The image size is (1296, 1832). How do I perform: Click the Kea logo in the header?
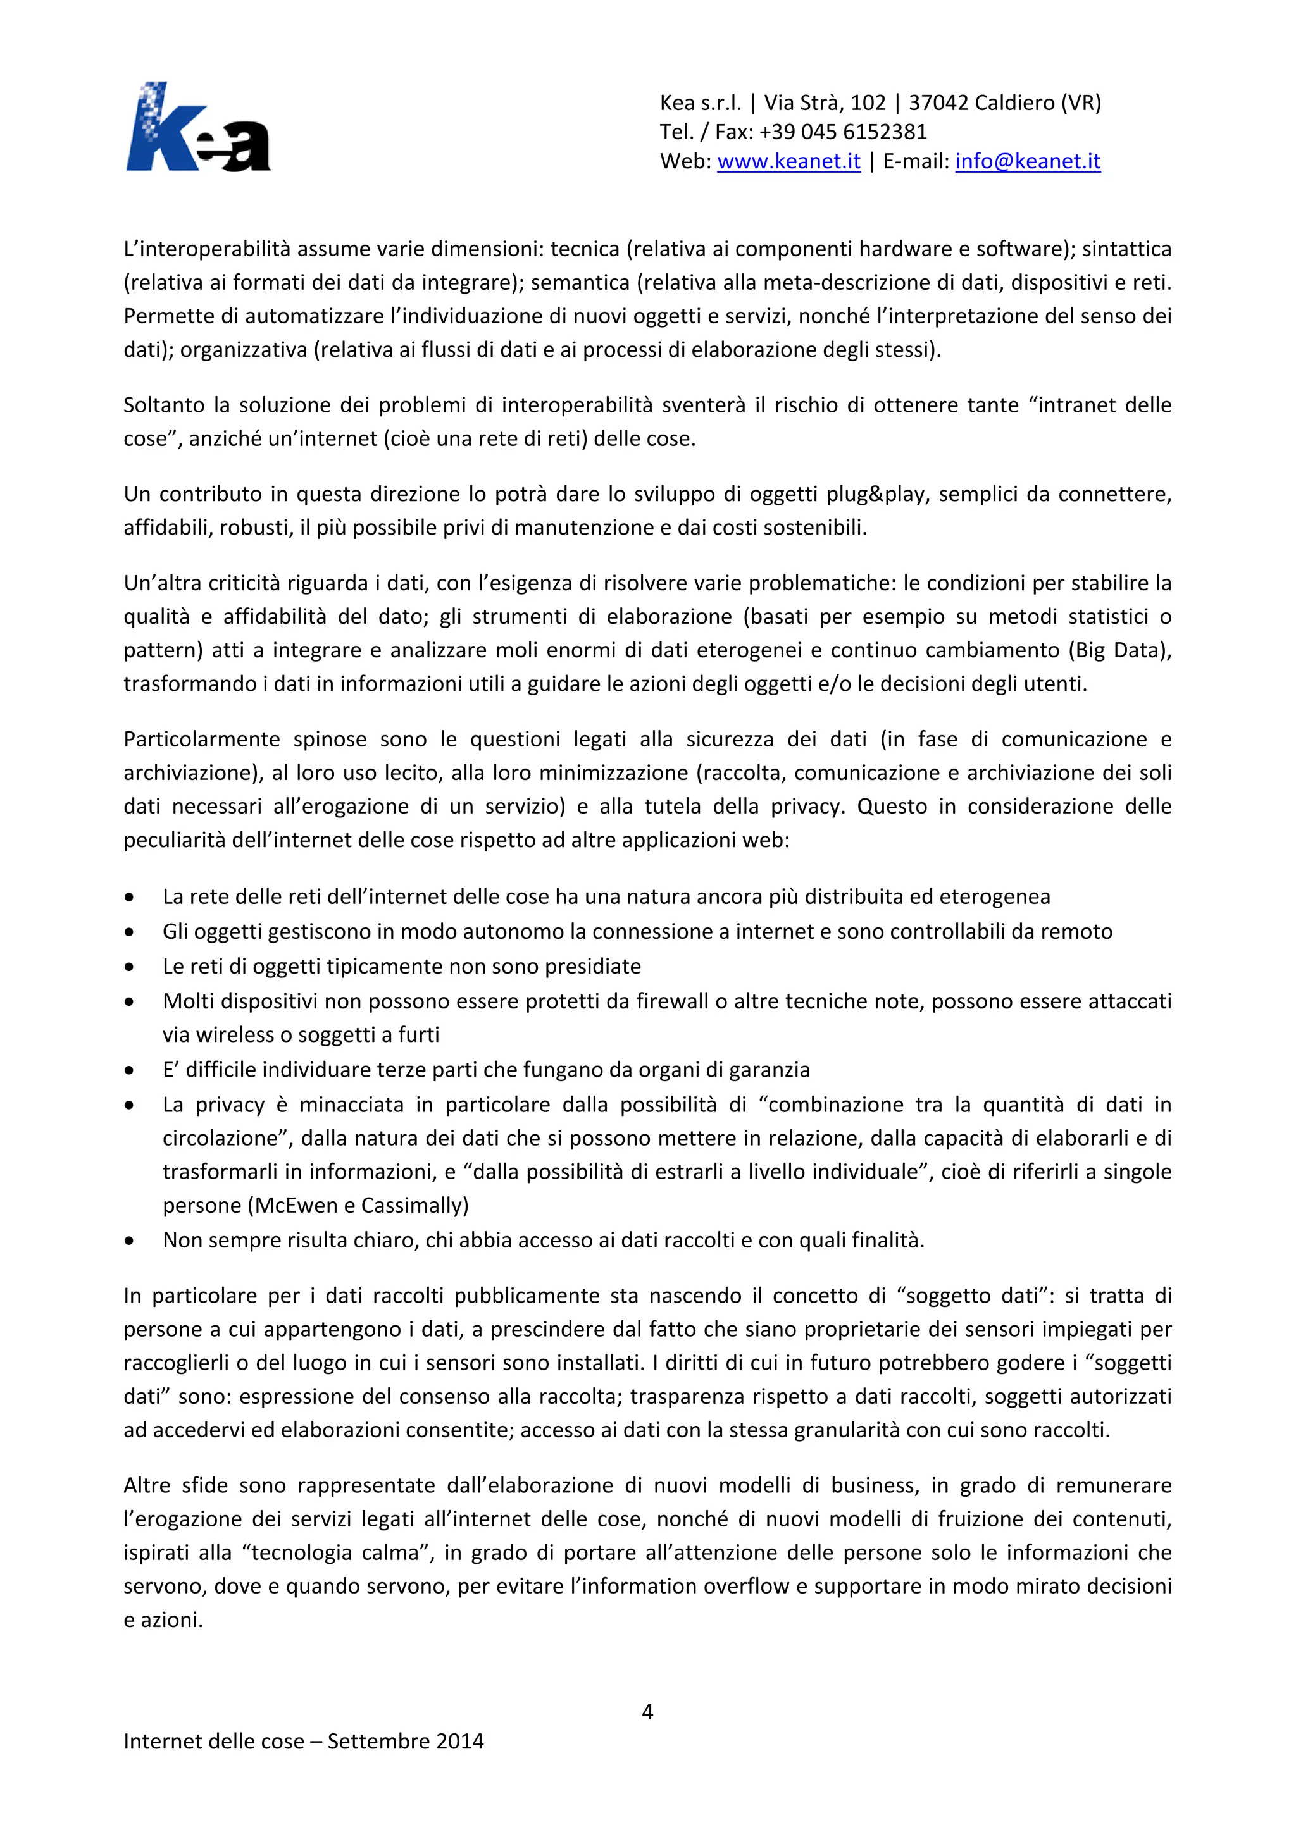tap(198, 128)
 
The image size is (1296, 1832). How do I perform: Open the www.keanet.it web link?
tap(788, 161)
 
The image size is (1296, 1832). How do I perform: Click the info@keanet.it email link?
tap(1028, 161)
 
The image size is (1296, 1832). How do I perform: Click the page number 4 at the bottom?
tap(647, 1712)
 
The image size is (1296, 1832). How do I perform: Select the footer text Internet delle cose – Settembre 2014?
tap(303, 1741)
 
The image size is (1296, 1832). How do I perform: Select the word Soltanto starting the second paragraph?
tap(164, 405)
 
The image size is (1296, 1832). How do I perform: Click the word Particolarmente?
tap(201, 739)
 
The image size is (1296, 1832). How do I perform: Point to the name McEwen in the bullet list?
tap(296, 1205)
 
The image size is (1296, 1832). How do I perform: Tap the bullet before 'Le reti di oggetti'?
tap(129, 967)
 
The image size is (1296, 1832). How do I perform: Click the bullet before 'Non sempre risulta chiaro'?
tap(129, 1241)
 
